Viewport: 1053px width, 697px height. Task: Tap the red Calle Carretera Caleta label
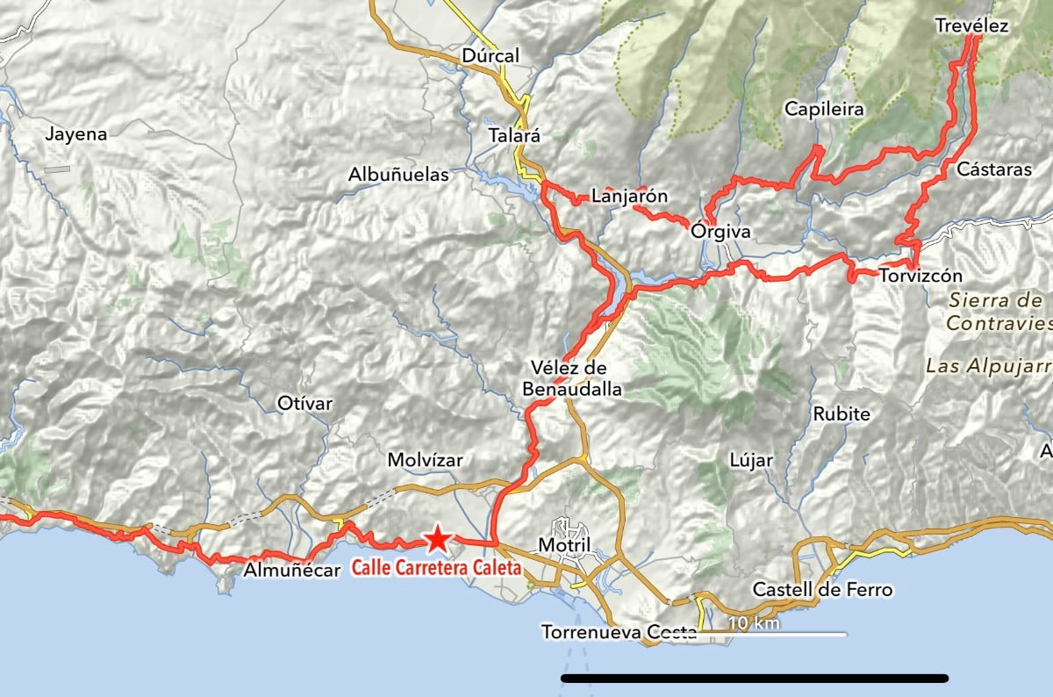[436, 568]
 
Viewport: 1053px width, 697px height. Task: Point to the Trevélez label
[971, 25]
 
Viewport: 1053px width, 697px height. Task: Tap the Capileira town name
[824, 110]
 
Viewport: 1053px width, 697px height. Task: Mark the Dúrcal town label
[491, 56]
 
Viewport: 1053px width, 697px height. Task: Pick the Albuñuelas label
[398, 175]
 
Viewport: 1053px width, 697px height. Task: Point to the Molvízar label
[425, 460]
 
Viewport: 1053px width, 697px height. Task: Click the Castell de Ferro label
[822, 589]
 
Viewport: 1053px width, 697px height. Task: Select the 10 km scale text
[754, 622]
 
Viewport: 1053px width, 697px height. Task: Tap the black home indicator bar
[755, 678]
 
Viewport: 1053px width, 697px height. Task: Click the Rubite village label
[842, 413]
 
